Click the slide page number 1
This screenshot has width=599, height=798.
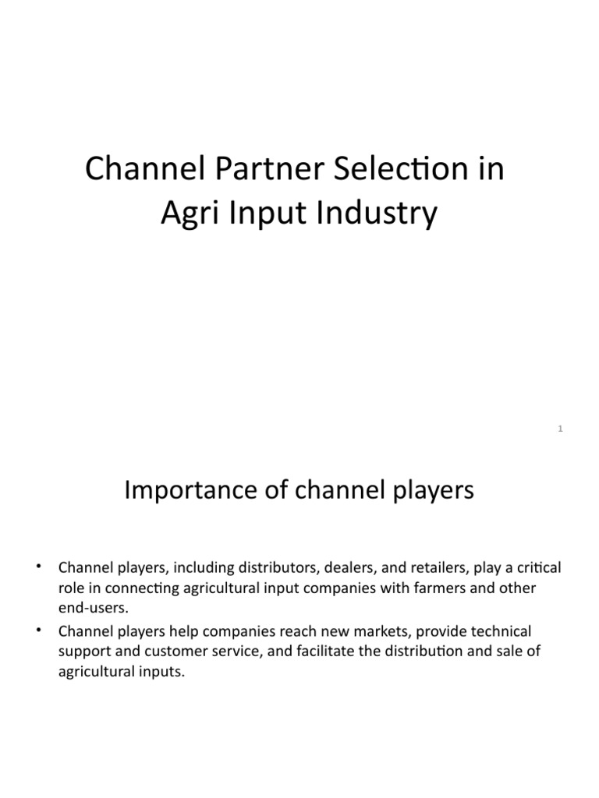[561, 427]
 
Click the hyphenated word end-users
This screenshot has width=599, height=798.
[90, 608]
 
